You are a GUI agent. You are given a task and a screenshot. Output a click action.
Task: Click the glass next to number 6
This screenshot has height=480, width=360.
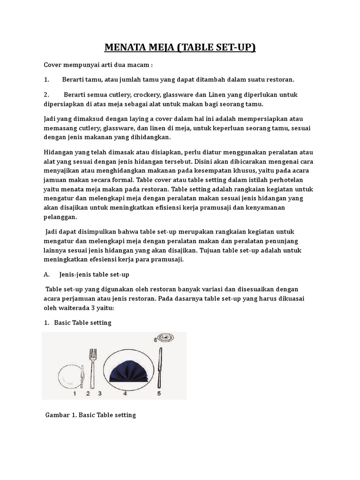pyautogui.click(x=165, y=337)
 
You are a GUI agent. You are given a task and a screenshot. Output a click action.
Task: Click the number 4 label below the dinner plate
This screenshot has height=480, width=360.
pyautogui.click(x=125, y=394)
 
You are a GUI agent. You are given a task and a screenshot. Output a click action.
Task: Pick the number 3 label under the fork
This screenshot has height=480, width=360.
pyautogui.click(x=99, y=394)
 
